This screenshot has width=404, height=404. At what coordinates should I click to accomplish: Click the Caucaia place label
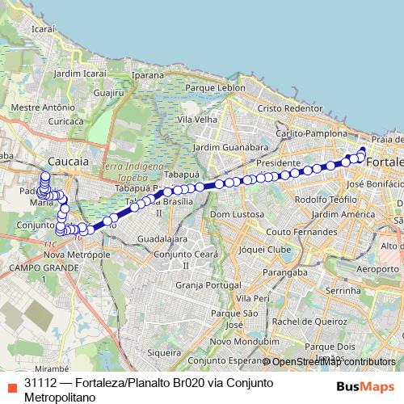click(x=69, y=162)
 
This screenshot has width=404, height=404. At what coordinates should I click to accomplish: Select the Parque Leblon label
click(x=215, y=87)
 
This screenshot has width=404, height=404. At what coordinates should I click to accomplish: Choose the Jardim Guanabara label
click(x=231, y=149)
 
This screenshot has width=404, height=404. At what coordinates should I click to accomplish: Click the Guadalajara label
click(x=162, y=240)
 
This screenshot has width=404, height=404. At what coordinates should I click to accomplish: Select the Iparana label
click(x=148, y=74)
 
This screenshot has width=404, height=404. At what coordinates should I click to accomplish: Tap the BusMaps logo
click(x=359, y=385)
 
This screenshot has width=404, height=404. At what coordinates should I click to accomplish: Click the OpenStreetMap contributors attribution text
click(x=334, y=362)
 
